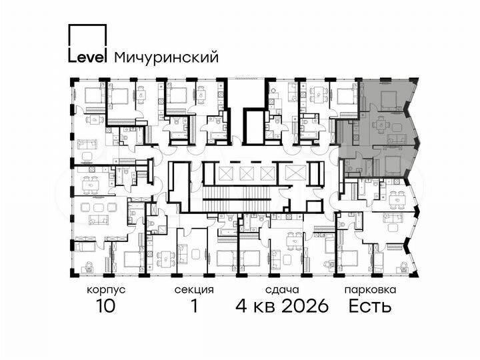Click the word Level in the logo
(87, 57)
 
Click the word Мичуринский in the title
(167, 57)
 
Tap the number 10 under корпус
(105, 306)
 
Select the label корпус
(105, 290)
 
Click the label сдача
(281, 290)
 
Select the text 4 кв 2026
(281, 306)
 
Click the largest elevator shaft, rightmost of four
(293, 173)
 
